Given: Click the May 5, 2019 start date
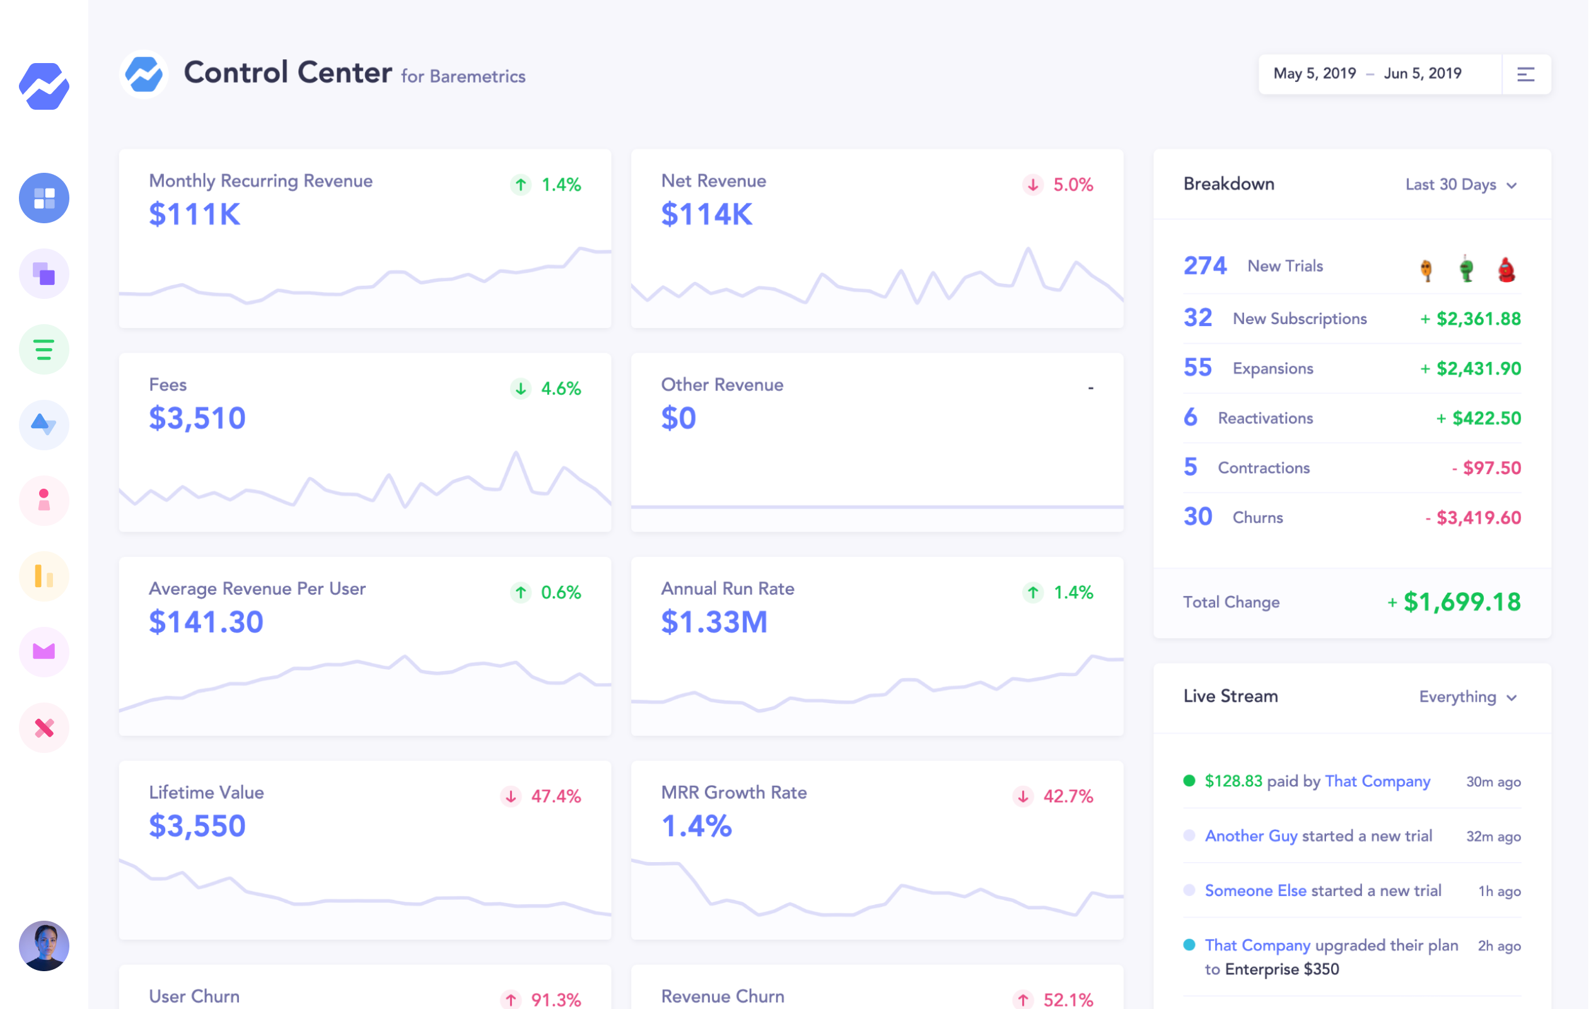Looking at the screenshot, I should tap(1314, 74).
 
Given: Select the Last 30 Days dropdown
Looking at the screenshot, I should tap(1460, 185).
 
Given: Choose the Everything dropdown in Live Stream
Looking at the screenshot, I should tap(1467, 697).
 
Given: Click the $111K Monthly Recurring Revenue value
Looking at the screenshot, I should tap(195, 214).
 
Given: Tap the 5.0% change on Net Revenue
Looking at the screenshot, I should tap(1072, 185).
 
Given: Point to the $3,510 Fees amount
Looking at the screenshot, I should tap(197, 418).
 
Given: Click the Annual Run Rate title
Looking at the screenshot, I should tap(727, 588).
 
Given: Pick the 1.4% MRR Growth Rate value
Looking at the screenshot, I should tap(696, 826).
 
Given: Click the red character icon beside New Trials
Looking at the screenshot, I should tap(1506, 269).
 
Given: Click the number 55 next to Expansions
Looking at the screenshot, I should tap(1197, 368).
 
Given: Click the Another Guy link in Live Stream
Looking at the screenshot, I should tap(1250, 836).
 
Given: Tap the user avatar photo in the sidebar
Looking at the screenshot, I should tap(44, 946).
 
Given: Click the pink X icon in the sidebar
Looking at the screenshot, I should tap(44, 728).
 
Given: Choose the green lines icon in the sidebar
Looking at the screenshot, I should tap(44, 350).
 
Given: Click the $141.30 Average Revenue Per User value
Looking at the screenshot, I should tap(206, 622).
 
